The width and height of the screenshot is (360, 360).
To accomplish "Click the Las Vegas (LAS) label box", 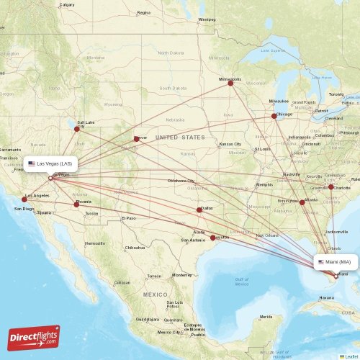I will point(50,163).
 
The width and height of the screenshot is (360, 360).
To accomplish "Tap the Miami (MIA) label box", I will point(335,262).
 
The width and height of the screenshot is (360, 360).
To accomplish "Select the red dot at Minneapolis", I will point(230,83).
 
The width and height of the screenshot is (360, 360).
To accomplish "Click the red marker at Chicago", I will point(274,116).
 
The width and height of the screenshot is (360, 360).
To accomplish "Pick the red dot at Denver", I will point(136,139).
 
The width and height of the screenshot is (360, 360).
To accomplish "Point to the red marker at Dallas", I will point(199,210).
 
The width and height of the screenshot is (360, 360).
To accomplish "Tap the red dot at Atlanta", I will point(302,202).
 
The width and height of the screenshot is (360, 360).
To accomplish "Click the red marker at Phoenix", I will point(76,204).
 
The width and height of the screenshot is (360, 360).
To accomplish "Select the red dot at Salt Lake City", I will point(77,129).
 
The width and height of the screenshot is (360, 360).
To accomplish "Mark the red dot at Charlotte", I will point(330,187).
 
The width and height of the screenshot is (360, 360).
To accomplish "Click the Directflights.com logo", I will point(34,336).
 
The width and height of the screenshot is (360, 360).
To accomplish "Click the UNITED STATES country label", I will point(180,137).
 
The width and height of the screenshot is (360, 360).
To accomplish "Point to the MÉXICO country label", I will point(154,295).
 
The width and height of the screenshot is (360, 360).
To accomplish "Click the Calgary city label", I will point(67,4).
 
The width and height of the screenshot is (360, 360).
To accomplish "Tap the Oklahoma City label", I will point(181,181).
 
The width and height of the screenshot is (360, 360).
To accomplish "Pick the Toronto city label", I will point(336,94).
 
